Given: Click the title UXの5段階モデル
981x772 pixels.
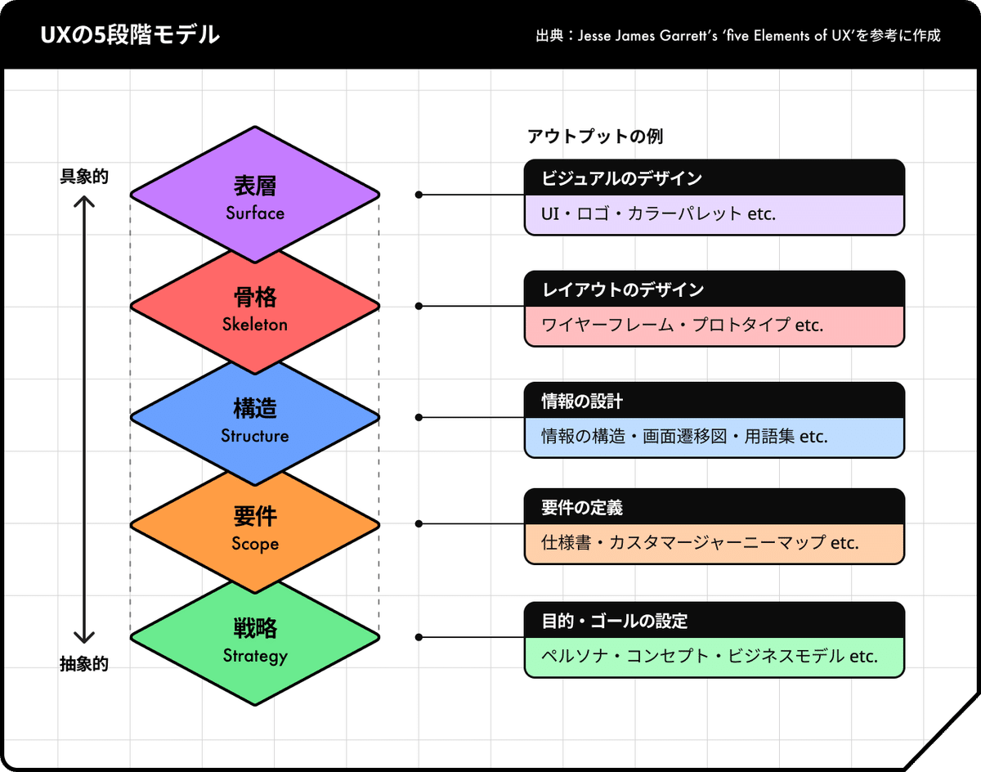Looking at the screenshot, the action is click(130, 35).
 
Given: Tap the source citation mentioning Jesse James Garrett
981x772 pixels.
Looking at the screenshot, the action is click(738, 35).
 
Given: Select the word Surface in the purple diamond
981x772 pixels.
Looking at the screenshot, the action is click(255, 213).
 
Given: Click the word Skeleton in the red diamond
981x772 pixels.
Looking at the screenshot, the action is click(255, 324).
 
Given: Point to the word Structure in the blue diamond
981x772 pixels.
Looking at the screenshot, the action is click(255, 435).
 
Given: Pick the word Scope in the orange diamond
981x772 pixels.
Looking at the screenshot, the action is click(255, 544).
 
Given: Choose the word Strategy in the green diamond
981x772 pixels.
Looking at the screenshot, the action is click(255, 656).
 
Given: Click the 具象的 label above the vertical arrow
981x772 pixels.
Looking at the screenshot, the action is click(84, 177).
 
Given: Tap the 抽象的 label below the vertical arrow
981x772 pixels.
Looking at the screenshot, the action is click(84, 664).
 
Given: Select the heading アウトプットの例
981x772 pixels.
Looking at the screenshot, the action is click(595, 136).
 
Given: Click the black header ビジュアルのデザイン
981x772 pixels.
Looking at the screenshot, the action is click(621, 178).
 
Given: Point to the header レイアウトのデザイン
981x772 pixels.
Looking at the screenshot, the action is click(623, 289).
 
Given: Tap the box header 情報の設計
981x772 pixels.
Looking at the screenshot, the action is click(582, 402).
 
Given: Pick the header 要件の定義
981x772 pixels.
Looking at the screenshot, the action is click(582, 508).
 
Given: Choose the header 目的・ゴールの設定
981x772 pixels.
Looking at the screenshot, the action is click(615, 621).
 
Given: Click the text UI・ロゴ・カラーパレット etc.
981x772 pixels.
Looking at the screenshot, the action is click(658, 214).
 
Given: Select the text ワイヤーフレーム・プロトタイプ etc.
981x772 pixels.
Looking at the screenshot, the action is click(682, 325).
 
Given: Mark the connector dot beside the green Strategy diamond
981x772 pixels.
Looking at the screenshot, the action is click(419, 637).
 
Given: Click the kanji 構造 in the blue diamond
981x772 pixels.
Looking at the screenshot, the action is click(255, 408).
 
